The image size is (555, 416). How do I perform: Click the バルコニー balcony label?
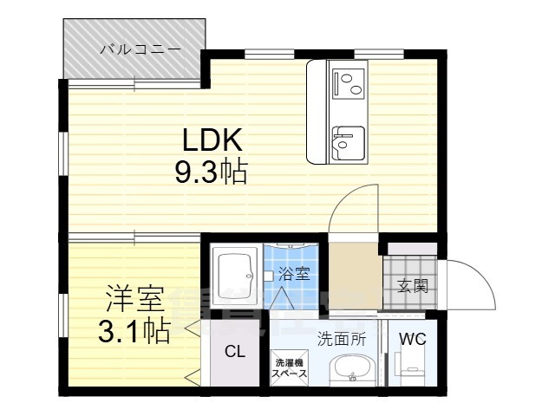point(140,49)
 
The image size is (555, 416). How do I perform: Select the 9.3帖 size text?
point(212,172)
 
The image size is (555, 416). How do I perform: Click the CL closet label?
point(234,351)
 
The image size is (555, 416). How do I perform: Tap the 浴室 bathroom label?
point(294,275)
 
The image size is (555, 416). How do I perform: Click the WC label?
point(412,339)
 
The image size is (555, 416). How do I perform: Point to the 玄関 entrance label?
point(412,287)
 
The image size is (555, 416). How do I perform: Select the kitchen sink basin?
point(348,139)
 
